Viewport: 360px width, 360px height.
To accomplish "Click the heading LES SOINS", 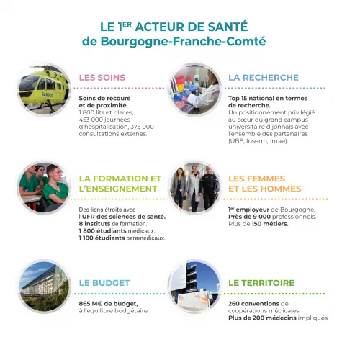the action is [x=102, y=78].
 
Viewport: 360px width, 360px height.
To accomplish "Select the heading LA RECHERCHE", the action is [x=263, y=78].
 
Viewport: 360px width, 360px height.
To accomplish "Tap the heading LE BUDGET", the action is [x=104, y=283].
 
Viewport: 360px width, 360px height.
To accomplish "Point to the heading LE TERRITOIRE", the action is [x=261, y=283].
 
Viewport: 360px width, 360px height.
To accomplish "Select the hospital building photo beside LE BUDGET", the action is [x=45, y=286].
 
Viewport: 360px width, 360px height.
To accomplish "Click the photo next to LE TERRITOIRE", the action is [x=194, y=286].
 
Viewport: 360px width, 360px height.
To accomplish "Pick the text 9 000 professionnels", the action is [x=279, y=216].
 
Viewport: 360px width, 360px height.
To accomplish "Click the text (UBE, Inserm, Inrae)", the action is [x=258, y=140].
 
